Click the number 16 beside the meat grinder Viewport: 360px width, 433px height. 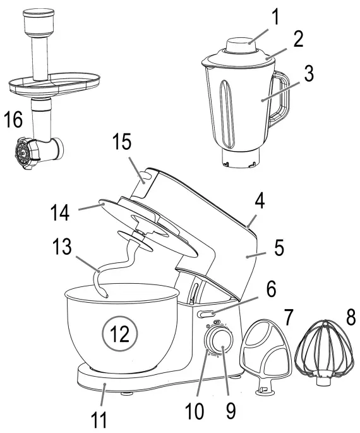click(x=14, y=119)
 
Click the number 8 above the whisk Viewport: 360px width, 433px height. click(x=349, y=316)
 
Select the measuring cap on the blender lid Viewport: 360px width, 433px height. click(x=239, y=47)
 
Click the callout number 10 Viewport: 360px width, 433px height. click(x=195, y=412)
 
